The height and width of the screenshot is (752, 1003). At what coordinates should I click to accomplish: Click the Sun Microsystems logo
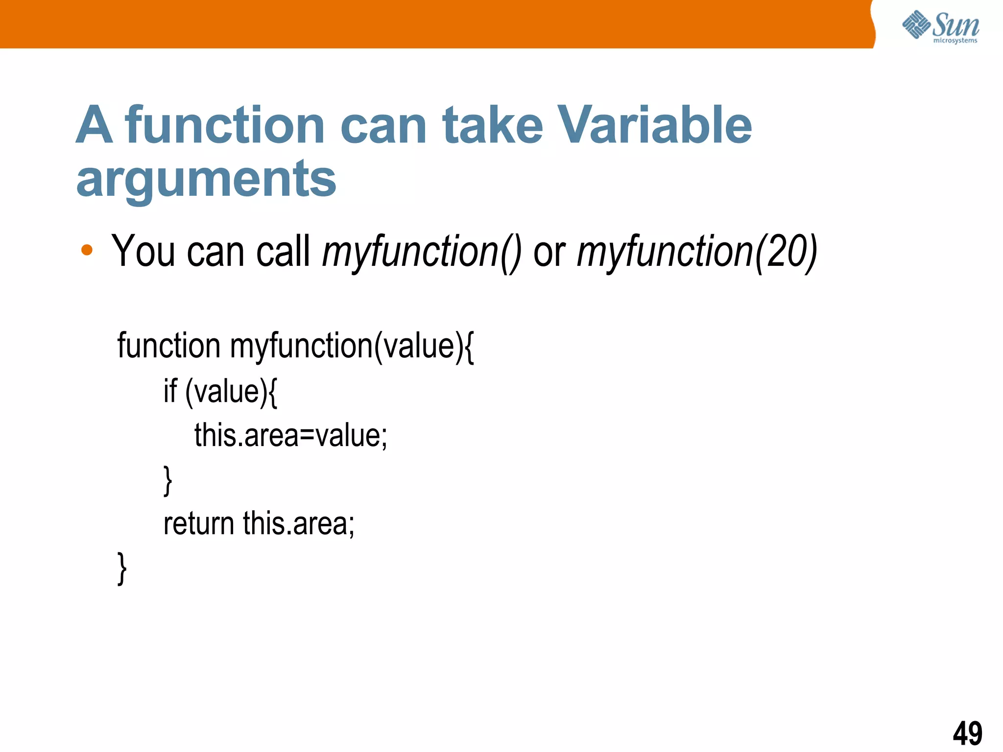tap(940, 26)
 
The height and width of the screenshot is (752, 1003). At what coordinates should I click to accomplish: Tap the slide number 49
tap(967, 733)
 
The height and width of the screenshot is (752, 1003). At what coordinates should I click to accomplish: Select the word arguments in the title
tap(206, 179)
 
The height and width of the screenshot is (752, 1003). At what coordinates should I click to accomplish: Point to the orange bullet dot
tap(87, 250)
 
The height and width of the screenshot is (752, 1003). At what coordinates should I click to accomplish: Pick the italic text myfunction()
tap(422, 252)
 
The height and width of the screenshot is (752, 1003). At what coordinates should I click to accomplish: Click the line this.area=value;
tap(290, 435)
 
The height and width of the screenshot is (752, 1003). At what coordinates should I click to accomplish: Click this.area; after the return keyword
tap(299, 523)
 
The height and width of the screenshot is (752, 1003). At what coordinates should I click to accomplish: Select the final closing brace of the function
tap(122, 568)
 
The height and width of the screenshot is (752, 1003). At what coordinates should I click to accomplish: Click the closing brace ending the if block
tap(167, 480)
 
